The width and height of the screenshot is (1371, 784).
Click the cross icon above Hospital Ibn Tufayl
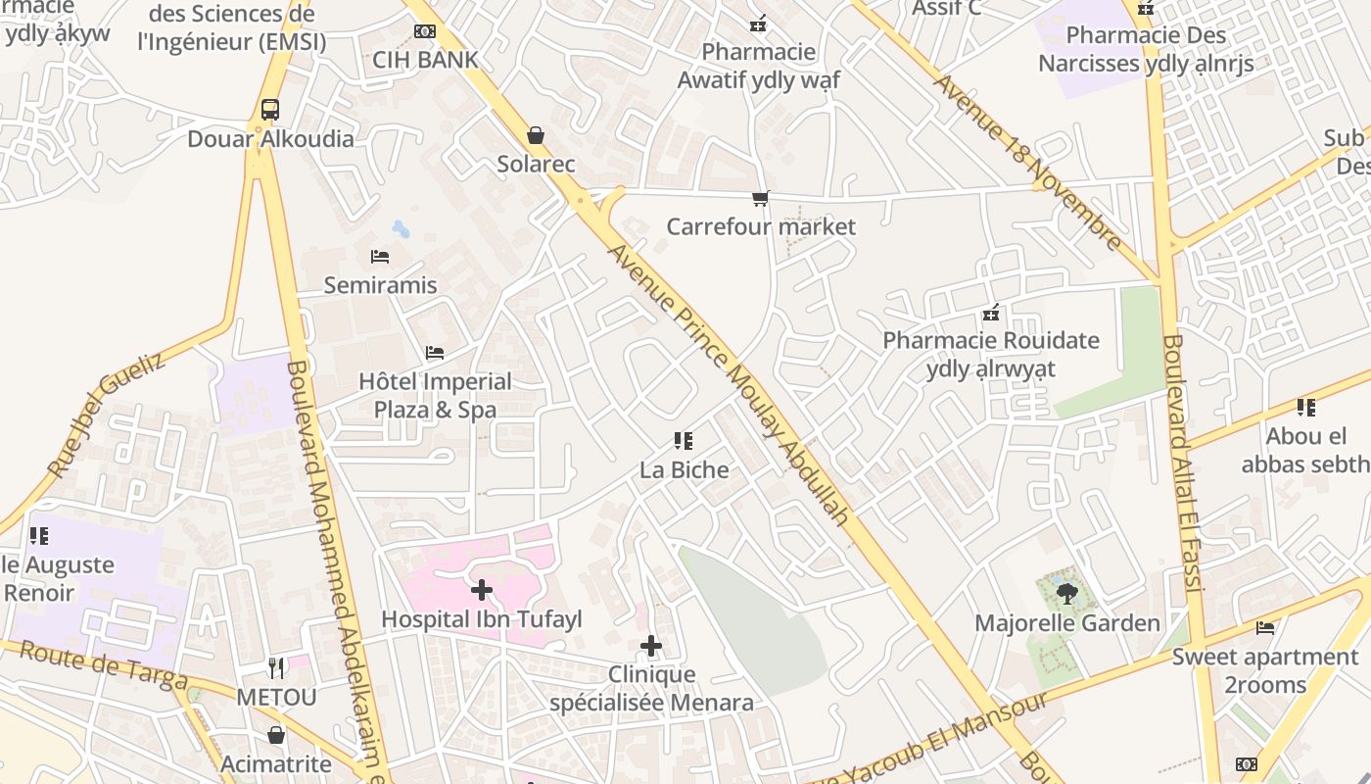pos(481,590)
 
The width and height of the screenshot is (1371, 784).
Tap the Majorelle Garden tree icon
pos(1066,592)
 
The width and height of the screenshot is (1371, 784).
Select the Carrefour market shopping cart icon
pos(760,199)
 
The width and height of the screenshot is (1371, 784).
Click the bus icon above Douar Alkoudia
pos(270,110)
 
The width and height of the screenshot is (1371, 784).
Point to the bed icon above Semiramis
pos(380,257)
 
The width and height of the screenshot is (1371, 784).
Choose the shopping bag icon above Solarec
pos(536,135)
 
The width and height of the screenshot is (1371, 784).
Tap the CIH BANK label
pos(425,60)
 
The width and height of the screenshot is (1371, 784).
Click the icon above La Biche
pos(684,441)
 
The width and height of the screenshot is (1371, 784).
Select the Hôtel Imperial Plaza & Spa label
pos(435,395)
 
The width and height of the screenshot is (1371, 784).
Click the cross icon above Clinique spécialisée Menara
pos(651,646)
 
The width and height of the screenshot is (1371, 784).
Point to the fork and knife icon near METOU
pos(276,668)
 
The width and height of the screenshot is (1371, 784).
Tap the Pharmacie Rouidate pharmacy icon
pos(991,314)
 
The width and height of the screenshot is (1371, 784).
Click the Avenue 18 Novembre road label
pos(1027,163)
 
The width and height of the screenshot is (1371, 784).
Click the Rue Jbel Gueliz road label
pos(106,416)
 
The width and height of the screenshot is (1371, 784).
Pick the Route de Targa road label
pos(103,665)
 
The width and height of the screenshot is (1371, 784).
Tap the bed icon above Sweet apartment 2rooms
pos(1265,628)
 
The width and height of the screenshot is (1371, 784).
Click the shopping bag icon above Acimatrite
pos(277,735)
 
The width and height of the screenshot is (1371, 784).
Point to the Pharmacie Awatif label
pos(759,66)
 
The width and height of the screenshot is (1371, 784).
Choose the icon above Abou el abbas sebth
pos(1305,408)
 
